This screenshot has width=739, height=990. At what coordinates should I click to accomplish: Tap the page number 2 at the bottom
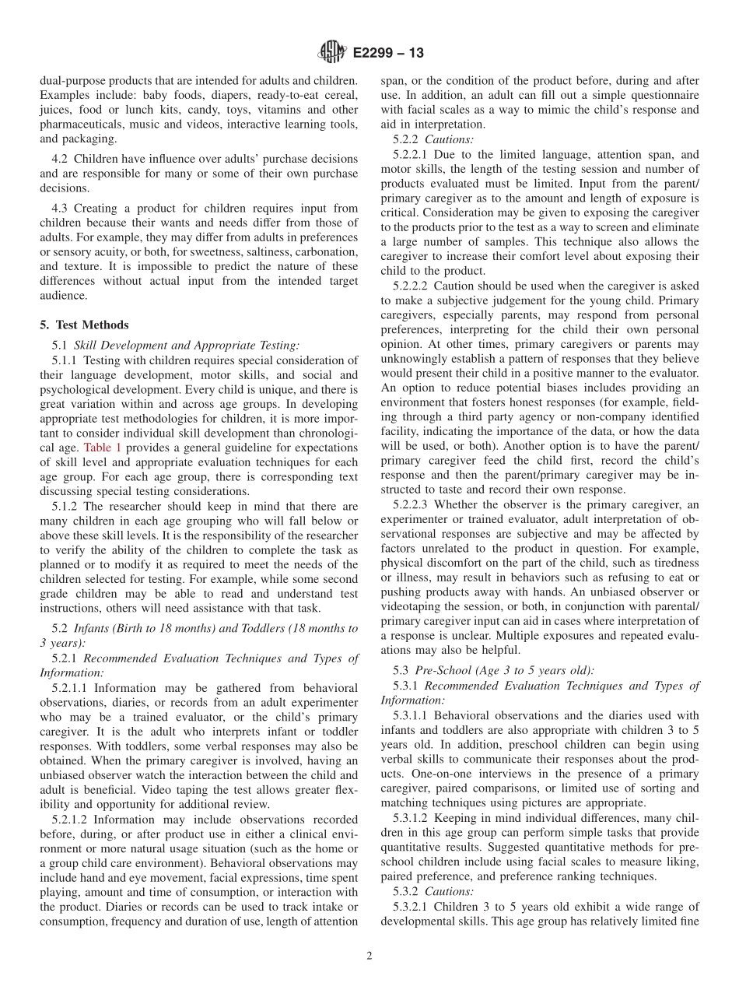369,956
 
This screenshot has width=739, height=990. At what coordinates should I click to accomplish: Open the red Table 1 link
98,448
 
